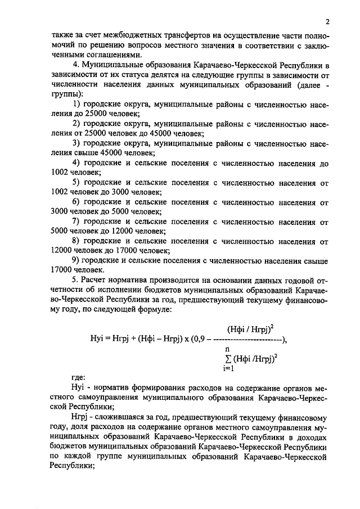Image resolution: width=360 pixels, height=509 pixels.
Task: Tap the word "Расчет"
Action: click(x=97, y=280)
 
